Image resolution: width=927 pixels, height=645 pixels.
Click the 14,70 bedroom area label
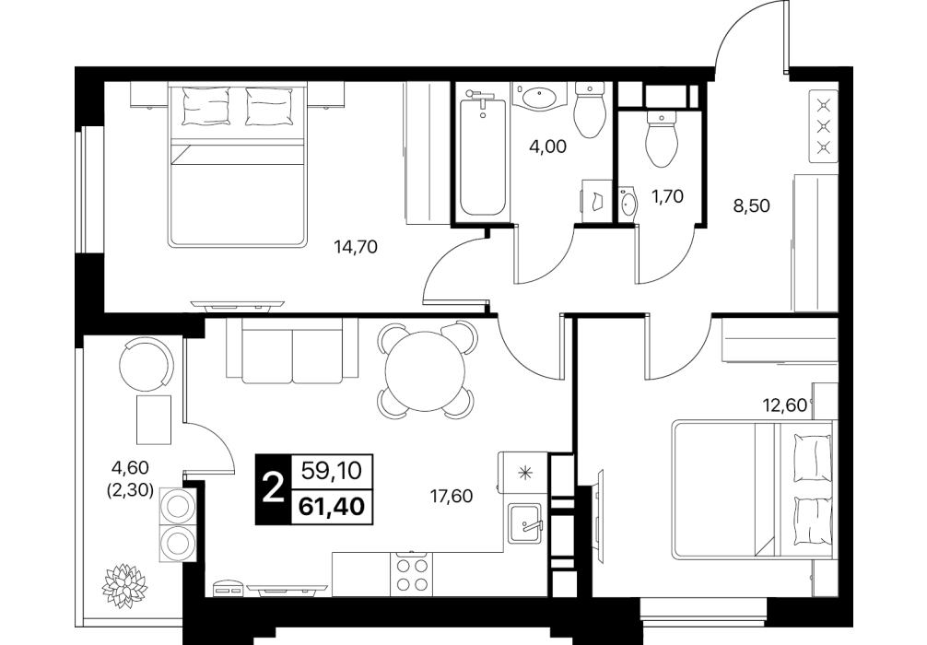click(356, 247)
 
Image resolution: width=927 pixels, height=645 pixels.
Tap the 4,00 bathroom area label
click(547, 146)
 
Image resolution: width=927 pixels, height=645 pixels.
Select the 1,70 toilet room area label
click(667, 195)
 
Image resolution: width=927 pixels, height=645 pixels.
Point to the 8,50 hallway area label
click(751, 205)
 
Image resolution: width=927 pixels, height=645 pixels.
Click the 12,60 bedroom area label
click(784, 405)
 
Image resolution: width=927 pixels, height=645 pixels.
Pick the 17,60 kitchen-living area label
click(452, 496)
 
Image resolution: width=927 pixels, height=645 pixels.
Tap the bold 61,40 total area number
click(332, 508)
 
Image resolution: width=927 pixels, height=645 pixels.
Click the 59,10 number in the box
click(331, 471)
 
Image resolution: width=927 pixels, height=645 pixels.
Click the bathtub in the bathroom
click(483, 158)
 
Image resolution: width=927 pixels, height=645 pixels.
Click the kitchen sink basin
click(525, 523)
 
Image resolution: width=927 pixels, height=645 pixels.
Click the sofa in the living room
click(292, 350)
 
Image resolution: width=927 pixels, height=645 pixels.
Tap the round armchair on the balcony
click(146, 364)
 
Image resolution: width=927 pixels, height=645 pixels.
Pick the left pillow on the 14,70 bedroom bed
click(206, 106)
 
